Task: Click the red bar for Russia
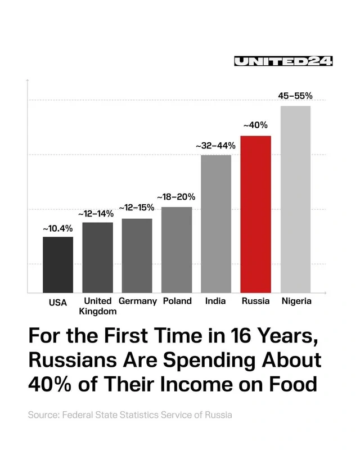(256, 214)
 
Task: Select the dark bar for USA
(58, 264)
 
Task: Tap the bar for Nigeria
(295, 199)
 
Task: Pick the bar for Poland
(177, 250)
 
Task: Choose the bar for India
(216, 223)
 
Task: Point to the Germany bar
(137, 255)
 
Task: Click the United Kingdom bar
(97, 257)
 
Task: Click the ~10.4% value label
(58, 228)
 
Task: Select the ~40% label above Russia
(255, 125)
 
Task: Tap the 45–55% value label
(295, 96)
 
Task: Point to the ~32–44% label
(216, 146)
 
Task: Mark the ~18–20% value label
(176, 197)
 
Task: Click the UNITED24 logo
(283, 62)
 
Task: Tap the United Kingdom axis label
(98, 306)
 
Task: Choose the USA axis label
(58, 302)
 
